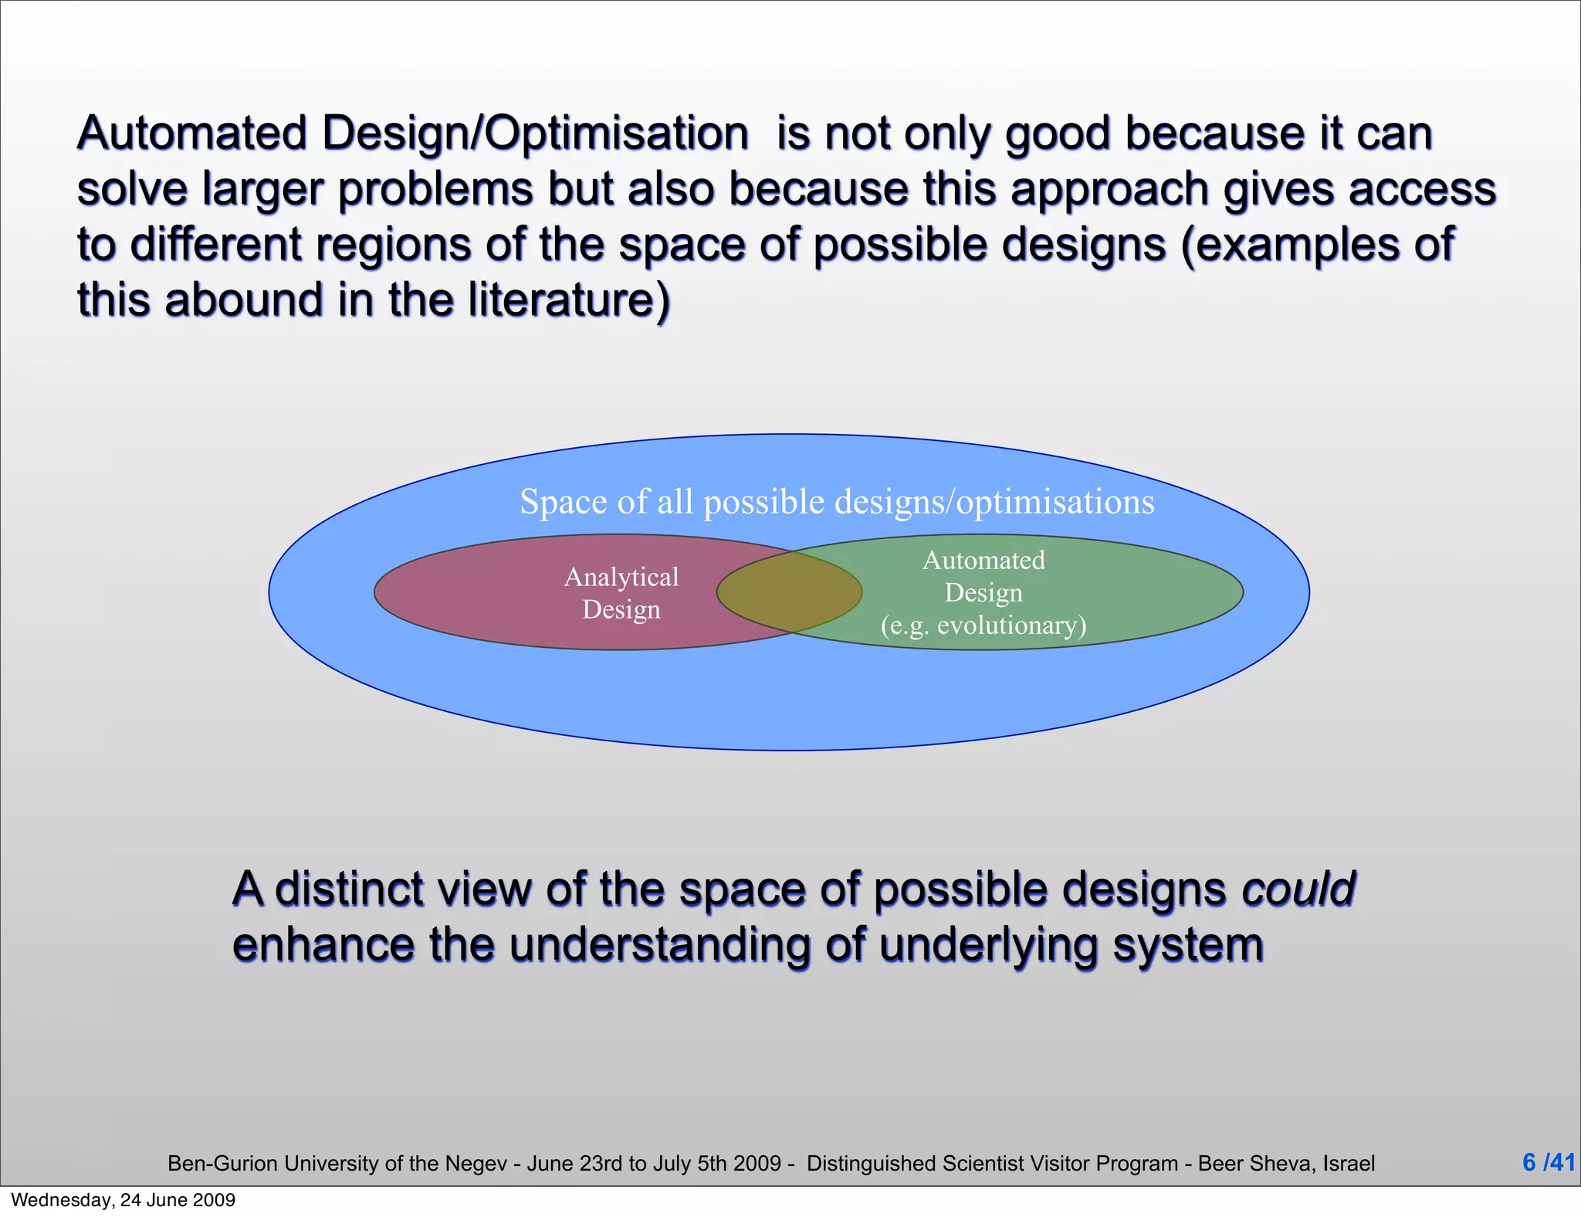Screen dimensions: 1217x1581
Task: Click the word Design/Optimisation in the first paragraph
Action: click(x=535, y=134)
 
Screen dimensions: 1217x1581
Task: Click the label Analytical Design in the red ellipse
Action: click(x=621, y=593)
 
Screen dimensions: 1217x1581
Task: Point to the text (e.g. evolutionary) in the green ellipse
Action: click(x=983, y=625)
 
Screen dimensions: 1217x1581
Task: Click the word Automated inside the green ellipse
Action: click(x=983, y=560)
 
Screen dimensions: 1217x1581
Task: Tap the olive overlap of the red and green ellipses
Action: click(x=789, y=592)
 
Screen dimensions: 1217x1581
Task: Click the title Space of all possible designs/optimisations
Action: click(x=837, y=502)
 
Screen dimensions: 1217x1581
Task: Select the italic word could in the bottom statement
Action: click(x=1298, y=889)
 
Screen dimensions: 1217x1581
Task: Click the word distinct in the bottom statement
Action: click(x=350, y=889)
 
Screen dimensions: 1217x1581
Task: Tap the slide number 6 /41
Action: click(x=1548, y=1162)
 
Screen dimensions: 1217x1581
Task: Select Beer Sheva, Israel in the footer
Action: click(x=1286, y=1164)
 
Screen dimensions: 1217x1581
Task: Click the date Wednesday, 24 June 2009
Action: click(x=124, y=1200)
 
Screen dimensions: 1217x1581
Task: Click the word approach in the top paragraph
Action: click(x=1109, y=189)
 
